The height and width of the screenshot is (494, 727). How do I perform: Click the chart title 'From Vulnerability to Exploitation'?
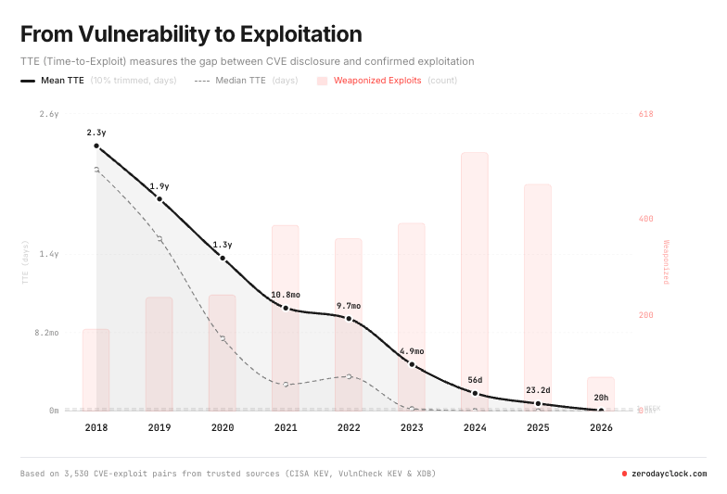[191, 34]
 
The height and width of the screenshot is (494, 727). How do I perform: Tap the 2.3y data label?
[96, 133]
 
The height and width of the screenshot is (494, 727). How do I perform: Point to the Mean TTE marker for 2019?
[159, 199]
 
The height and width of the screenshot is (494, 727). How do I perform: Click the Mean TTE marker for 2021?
[286, 308]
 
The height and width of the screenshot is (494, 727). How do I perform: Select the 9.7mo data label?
[349, 305]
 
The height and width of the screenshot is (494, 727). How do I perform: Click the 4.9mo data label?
[412, 351]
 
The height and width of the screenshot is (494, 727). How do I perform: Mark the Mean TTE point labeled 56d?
[475, 394]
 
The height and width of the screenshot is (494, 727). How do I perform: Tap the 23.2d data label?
[538, 390]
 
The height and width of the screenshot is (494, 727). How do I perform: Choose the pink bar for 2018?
[96, 369]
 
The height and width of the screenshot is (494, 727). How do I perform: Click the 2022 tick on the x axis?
[349, 428]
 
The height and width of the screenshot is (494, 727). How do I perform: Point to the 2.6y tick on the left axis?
[49, 114]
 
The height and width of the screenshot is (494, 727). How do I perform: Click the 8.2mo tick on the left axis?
[46, 332]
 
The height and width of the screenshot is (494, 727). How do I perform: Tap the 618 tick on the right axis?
[646, 114]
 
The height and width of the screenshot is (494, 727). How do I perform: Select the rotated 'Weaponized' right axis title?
[665, 262]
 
